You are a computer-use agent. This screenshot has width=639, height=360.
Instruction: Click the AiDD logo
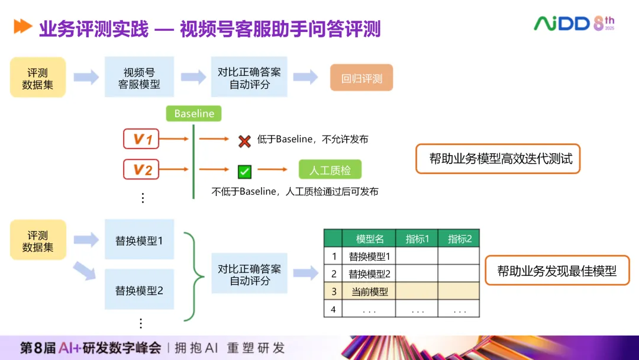574,23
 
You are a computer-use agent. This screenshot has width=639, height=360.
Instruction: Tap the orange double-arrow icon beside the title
22,27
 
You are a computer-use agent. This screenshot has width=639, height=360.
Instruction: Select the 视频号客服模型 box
140,78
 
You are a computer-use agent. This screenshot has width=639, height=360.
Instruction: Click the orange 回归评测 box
362,78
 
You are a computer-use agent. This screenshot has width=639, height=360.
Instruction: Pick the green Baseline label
194,114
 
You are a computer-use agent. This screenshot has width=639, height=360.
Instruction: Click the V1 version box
141,139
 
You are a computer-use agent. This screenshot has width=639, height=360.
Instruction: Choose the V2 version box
141,170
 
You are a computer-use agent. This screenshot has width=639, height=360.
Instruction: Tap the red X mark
244,141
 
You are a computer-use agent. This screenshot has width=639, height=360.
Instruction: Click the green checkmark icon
244,172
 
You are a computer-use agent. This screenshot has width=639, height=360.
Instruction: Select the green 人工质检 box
330,171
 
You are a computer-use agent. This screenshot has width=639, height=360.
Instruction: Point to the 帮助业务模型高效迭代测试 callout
498,159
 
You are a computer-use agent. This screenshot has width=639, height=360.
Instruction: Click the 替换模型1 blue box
140,240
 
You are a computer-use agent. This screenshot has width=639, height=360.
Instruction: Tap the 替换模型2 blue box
140,291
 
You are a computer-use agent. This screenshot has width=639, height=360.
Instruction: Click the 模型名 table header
370,239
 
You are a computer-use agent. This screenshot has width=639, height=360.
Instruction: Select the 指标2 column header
459,239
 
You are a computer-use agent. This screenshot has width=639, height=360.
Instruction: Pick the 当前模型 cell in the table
370,291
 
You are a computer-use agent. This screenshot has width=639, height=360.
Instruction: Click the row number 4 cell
334,309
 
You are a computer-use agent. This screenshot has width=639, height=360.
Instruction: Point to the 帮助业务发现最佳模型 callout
557,271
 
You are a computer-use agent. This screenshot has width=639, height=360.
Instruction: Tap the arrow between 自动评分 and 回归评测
305,78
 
